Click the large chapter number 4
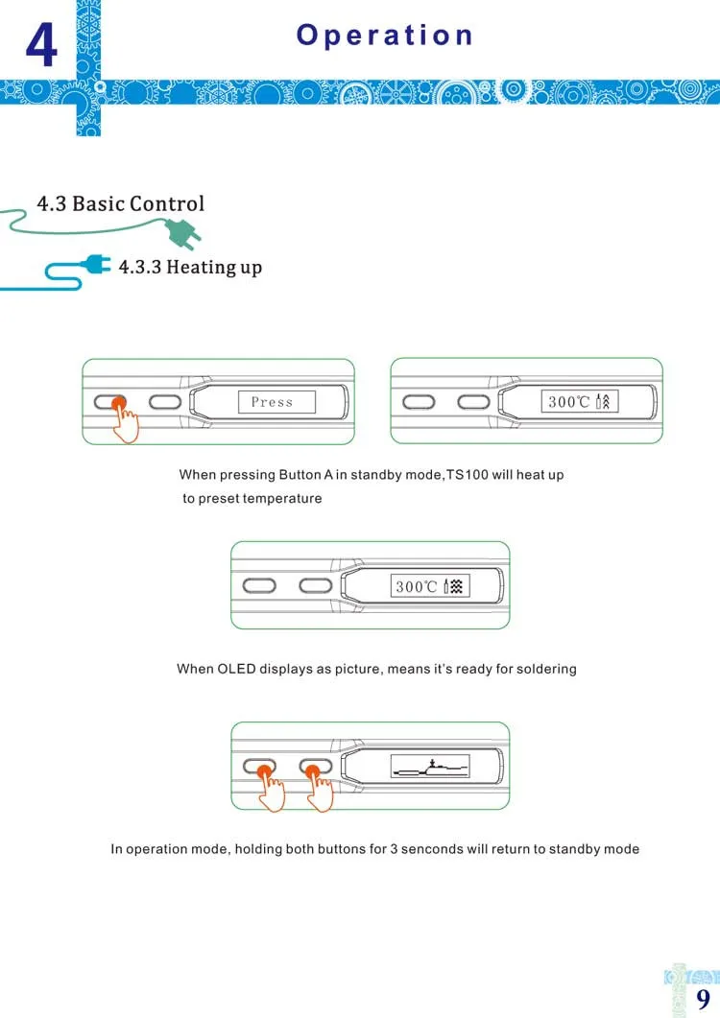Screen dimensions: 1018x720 click(40, 45)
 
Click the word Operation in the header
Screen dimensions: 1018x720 click(385, 36)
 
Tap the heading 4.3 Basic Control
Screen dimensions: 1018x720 click(121, 204)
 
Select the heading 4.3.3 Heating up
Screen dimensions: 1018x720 click(190, 267)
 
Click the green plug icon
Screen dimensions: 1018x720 click(181, 232)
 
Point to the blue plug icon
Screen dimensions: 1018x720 click(97, 265)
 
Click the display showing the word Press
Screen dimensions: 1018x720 click(276, 402)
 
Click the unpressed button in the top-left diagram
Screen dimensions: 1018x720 click(166, 402)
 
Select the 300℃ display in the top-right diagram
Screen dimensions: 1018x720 click(580, 402)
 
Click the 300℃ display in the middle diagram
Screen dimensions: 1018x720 click(429, 585)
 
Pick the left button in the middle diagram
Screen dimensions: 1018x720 click(259, 585)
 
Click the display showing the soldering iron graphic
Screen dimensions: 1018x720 click(429, 766)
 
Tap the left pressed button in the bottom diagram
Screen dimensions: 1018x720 click(260, 767)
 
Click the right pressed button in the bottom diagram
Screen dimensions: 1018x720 click(315, 767)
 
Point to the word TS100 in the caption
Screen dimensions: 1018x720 click(468, 475)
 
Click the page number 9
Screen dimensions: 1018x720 click(703, 998)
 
